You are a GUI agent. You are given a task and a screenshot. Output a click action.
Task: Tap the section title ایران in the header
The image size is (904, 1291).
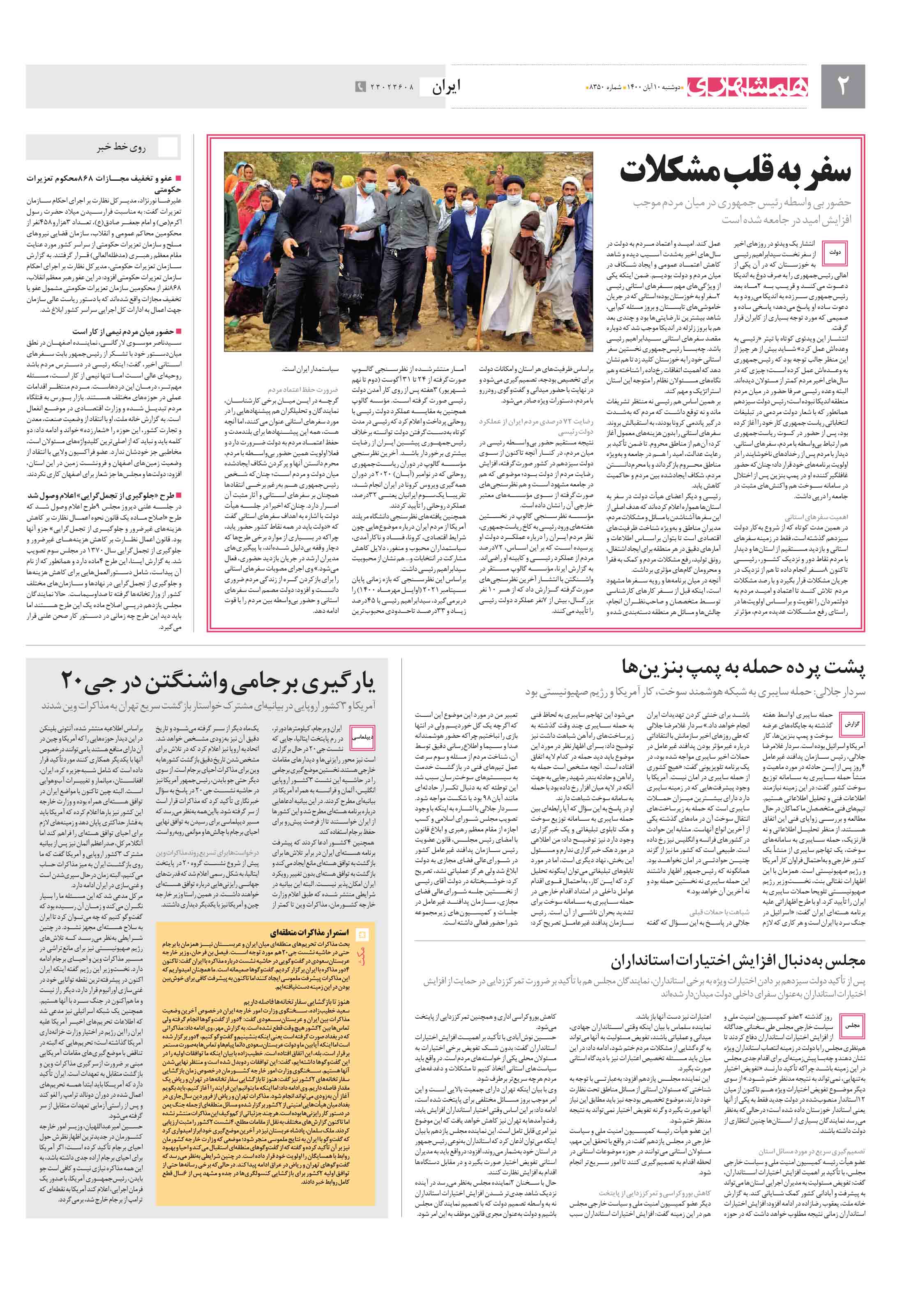coord(445,87)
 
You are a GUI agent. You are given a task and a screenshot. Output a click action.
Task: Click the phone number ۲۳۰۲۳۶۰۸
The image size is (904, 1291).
coord(392,87)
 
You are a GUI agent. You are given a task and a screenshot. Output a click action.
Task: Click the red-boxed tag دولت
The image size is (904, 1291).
coord(835,253)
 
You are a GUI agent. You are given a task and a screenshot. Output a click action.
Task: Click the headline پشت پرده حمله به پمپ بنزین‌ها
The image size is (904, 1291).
coord(743,667)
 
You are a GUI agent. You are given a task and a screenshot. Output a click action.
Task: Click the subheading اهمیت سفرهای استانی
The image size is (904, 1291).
coord(816,517)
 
